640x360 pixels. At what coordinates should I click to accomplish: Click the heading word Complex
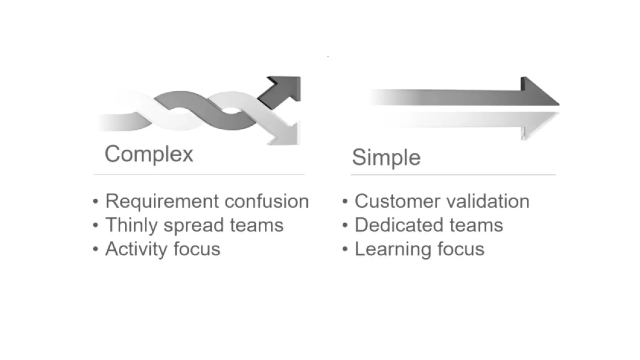(x=149, y=154)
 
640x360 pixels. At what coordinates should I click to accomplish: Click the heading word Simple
(x=386, y=157)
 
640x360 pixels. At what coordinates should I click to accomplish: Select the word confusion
(x=267, y=201)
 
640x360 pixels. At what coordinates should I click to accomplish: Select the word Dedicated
(x=398, y=225)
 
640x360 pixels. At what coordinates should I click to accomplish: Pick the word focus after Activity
(x=197, y=249)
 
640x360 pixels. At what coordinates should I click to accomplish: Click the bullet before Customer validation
(x=345, y=201)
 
